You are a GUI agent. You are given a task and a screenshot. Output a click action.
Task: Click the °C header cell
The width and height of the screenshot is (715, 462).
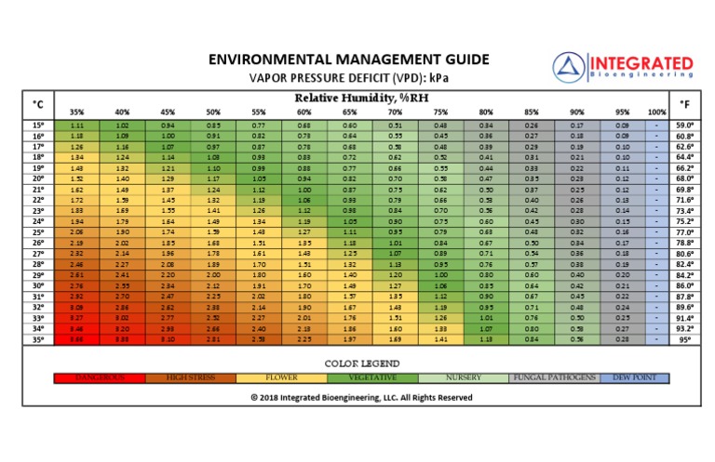[37, 104]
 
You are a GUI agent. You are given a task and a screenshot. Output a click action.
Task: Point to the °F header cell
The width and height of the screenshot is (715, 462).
[685, 104]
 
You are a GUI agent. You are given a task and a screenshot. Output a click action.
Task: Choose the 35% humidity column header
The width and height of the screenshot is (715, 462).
[77, 112]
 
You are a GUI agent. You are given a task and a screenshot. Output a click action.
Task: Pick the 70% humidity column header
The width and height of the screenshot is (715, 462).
[395, 112]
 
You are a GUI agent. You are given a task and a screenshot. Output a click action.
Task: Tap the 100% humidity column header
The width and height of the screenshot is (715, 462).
[656, 112]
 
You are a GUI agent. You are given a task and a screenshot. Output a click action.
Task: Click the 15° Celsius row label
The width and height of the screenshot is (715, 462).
[37, 125]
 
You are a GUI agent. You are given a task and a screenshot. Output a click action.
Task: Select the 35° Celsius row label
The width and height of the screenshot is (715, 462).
[37, 339]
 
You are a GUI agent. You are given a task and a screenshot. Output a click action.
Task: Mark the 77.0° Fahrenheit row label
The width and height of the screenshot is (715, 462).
[685, 232]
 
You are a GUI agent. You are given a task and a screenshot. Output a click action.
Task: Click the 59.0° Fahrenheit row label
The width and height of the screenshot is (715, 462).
[685, 125]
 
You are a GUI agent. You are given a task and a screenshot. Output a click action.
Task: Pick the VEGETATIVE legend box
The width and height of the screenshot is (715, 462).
[374, 378]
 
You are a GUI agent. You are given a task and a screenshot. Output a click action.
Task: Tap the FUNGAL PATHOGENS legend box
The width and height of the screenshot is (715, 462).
[555, 378]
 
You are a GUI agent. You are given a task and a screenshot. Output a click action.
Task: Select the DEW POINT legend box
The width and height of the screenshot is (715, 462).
[635, 378]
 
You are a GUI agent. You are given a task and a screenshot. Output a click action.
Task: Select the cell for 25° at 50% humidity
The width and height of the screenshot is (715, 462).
[213, 232]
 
